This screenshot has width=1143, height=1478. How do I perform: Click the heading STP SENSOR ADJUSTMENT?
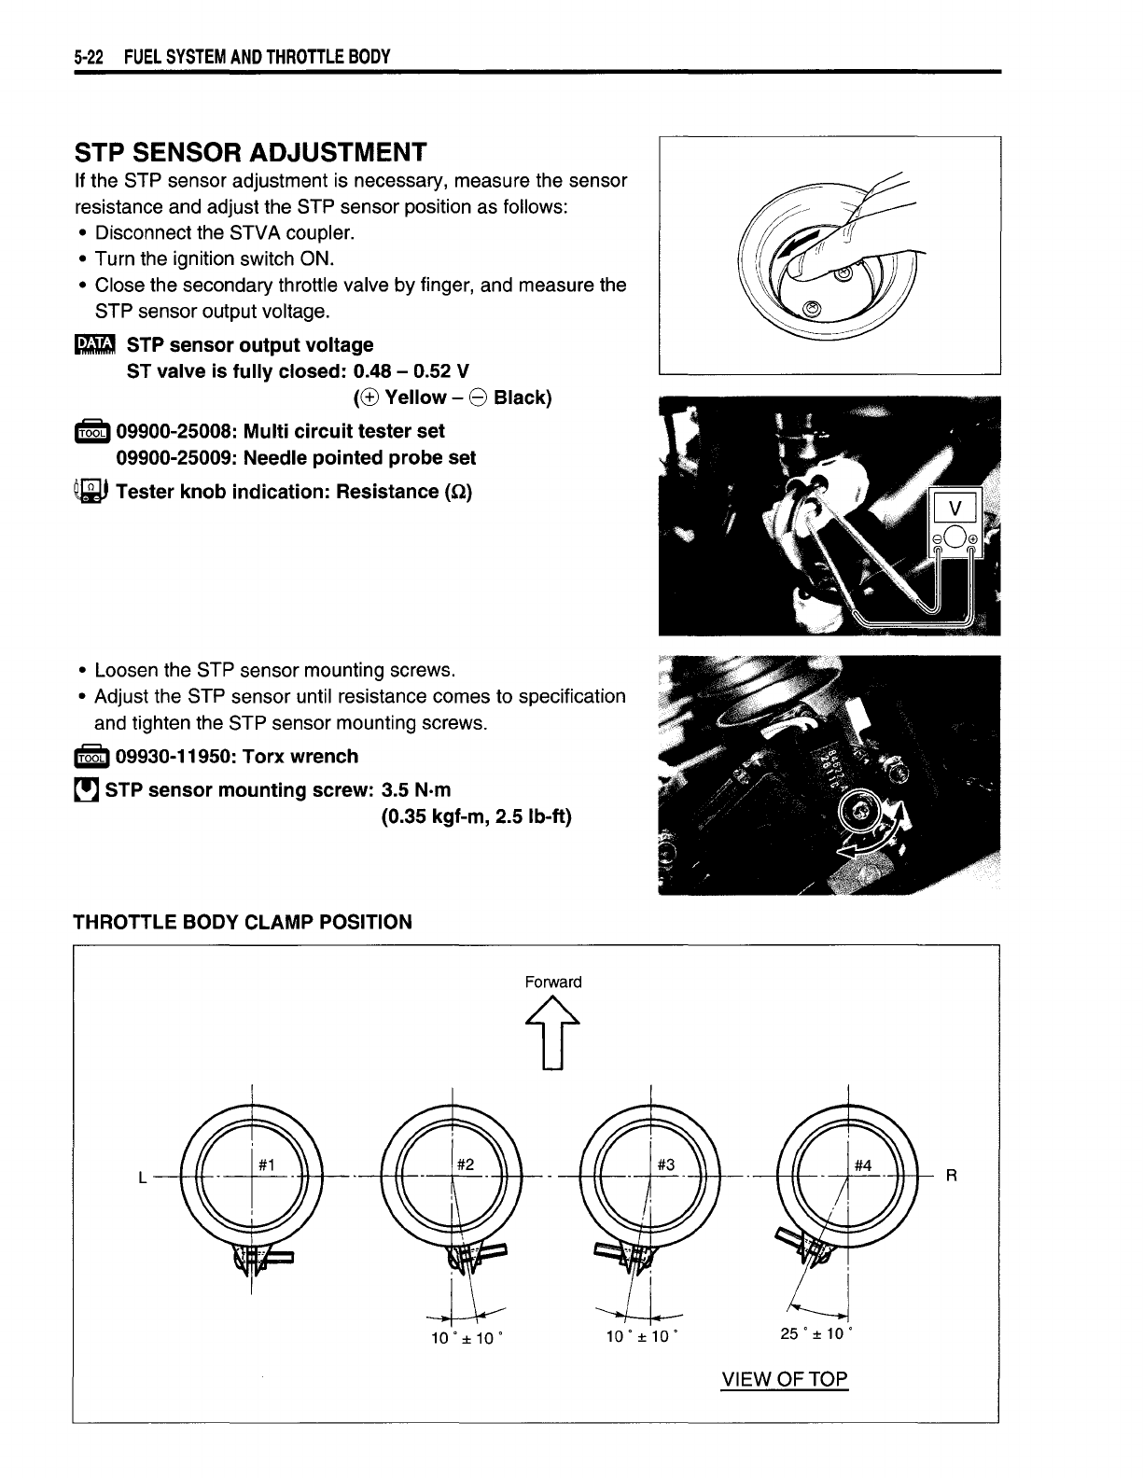pos(250,152)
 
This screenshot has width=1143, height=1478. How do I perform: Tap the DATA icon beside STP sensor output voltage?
pos(92,345)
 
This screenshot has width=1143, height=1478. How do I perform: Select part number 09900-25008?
pos(168,431)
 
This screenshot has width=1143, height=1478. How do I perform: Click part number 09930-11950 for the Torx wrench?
pos(168,757)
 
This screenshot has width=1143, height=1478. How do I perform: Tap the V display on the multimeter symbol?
pos(954,509)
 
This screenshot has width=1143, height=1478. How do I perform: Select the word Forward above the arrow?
pos(553,982)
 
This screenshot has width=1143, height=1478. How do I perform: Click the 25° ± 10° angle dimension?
pos(813,1333)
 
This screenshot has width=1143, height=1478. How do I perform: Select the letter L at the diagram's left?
pos(142,1178)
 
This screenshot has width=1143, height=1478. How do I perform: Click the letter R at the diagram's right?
pos(951,1177)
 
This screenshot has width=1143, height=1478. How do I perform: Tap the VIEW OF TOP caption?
pos(784,1379)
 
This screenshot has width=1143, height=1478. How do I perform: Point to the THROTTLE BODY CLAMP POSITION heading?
pos(243,923)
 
